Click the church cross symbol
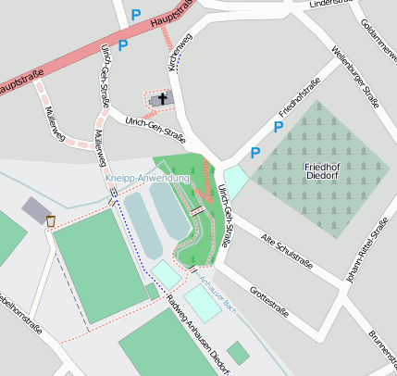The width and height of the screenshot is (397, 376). [x=163, y=98]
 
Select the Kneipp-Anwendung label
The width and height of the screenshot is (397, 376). [x=147, y=178]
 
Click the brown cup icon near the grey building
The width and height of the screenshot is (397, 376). [x=50, y=221]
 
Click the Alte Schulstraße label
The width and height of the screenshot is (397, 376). [x=287, y=250]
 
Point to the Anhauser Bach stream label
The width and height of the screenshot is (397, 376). [x=218, y=295]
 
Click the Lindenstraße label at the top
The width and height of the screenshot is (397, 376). [x=333, y=4]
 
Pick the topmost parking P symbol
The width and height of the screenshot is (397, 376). [x=136, y=15]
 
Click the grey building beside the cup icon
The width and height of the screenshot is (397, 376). [x=34, y=209]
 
